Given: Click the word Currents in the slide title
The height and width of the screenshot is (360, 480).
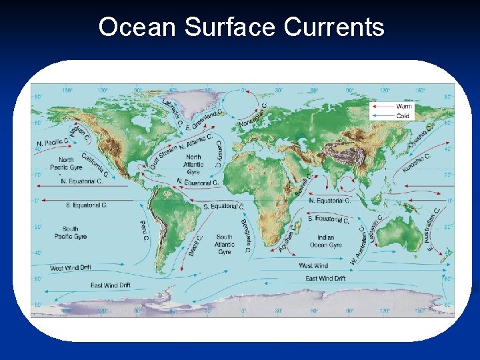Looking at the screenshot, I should pyautogui.click(x=334, y=27).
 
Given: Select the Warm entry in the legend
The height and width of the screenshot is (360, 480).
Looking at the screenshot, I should pyautogui.click(x=404, y=106).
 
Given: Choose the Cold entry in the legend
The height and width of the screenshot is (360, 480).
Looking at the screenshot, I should pyautogui.click(x=403, y=115).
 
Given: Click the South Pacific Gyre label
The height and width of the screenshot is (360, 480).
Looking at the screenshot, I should pyautogui.click(x=71, y=233).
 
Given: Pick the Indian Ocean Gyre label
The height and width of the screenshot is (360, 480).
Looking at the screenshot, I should pyautogui.click(x=326, y=241).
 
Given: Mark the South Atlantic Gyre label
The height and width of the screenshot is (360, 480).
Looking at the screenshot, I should pyautogui.click(x=225, y=244).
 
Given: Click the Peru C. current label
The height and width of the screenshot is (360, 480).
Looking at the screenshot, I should pyautogui.click(x=143, y=232).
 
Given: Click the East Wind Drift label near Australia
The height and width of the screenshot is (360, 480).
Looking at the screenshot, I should pyautogui.click(x=325, y=278).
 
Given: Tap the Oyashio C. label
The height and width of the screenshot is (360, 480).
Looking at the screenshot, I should pyautogui.click(x=423, y=135).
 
